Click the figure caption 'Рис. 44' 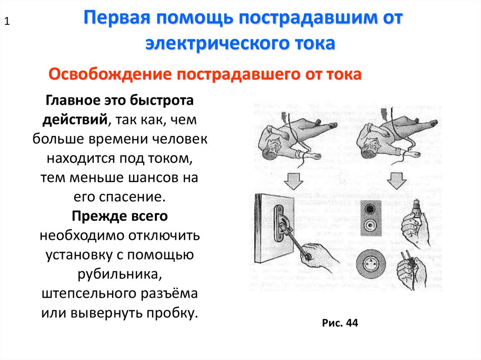coord(340,323)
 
